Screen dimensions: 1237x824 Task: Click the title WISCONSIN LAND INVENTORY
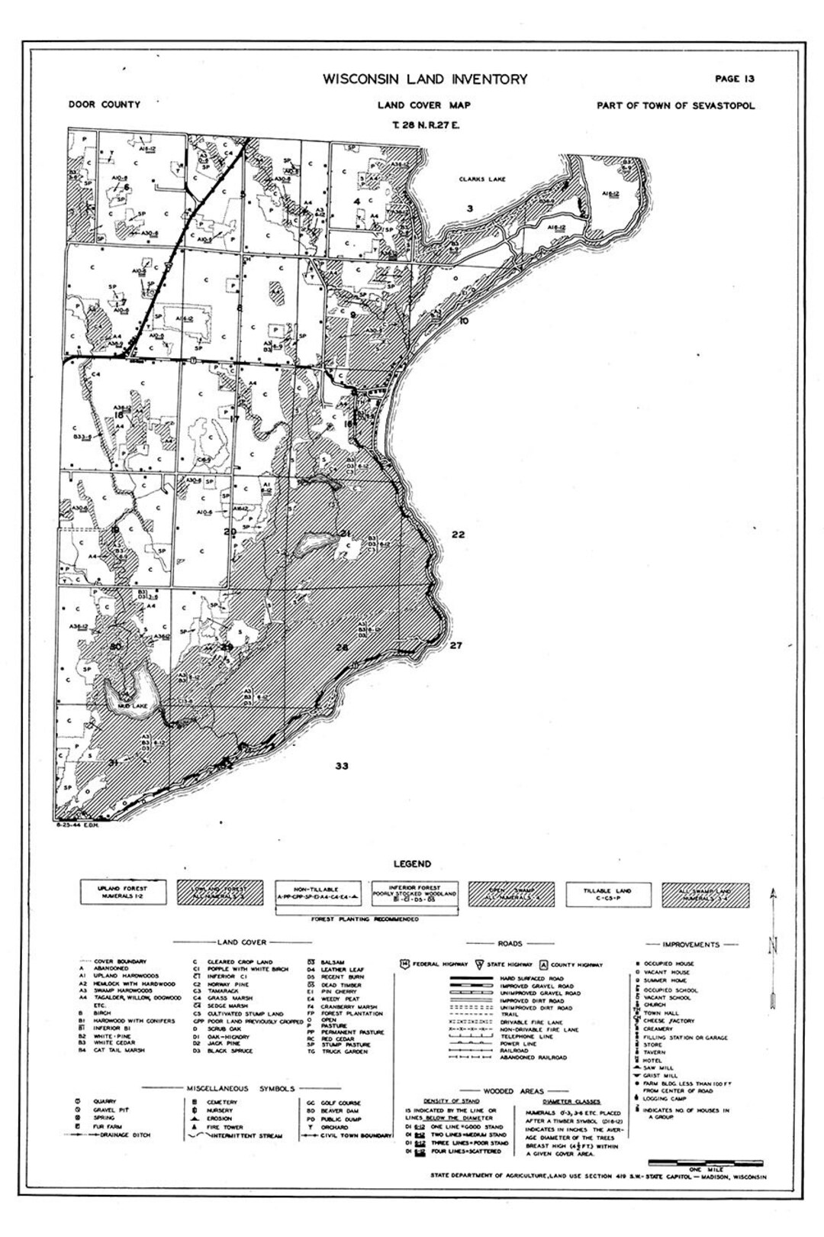[425, 79]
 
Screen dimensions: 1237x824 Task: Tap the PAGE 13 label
[735, 78]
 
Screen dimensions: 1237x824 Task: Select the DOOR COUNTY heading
[104, 105]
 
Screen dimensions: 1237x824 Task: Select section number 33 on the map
[341, 765]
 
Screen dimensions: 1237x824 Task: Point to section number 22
[458, 535]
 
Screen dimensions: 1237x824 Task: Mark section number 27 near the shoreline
[456, 646]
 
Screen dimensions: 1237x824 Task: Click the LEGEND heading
[412, 864]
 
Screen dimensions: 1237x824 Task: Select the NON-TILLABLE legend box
[316, 892]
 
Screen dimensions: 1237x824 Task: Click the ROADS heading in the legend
[510, 944]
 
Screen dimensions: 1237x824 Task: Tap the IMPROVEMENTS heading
[690, 944]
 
